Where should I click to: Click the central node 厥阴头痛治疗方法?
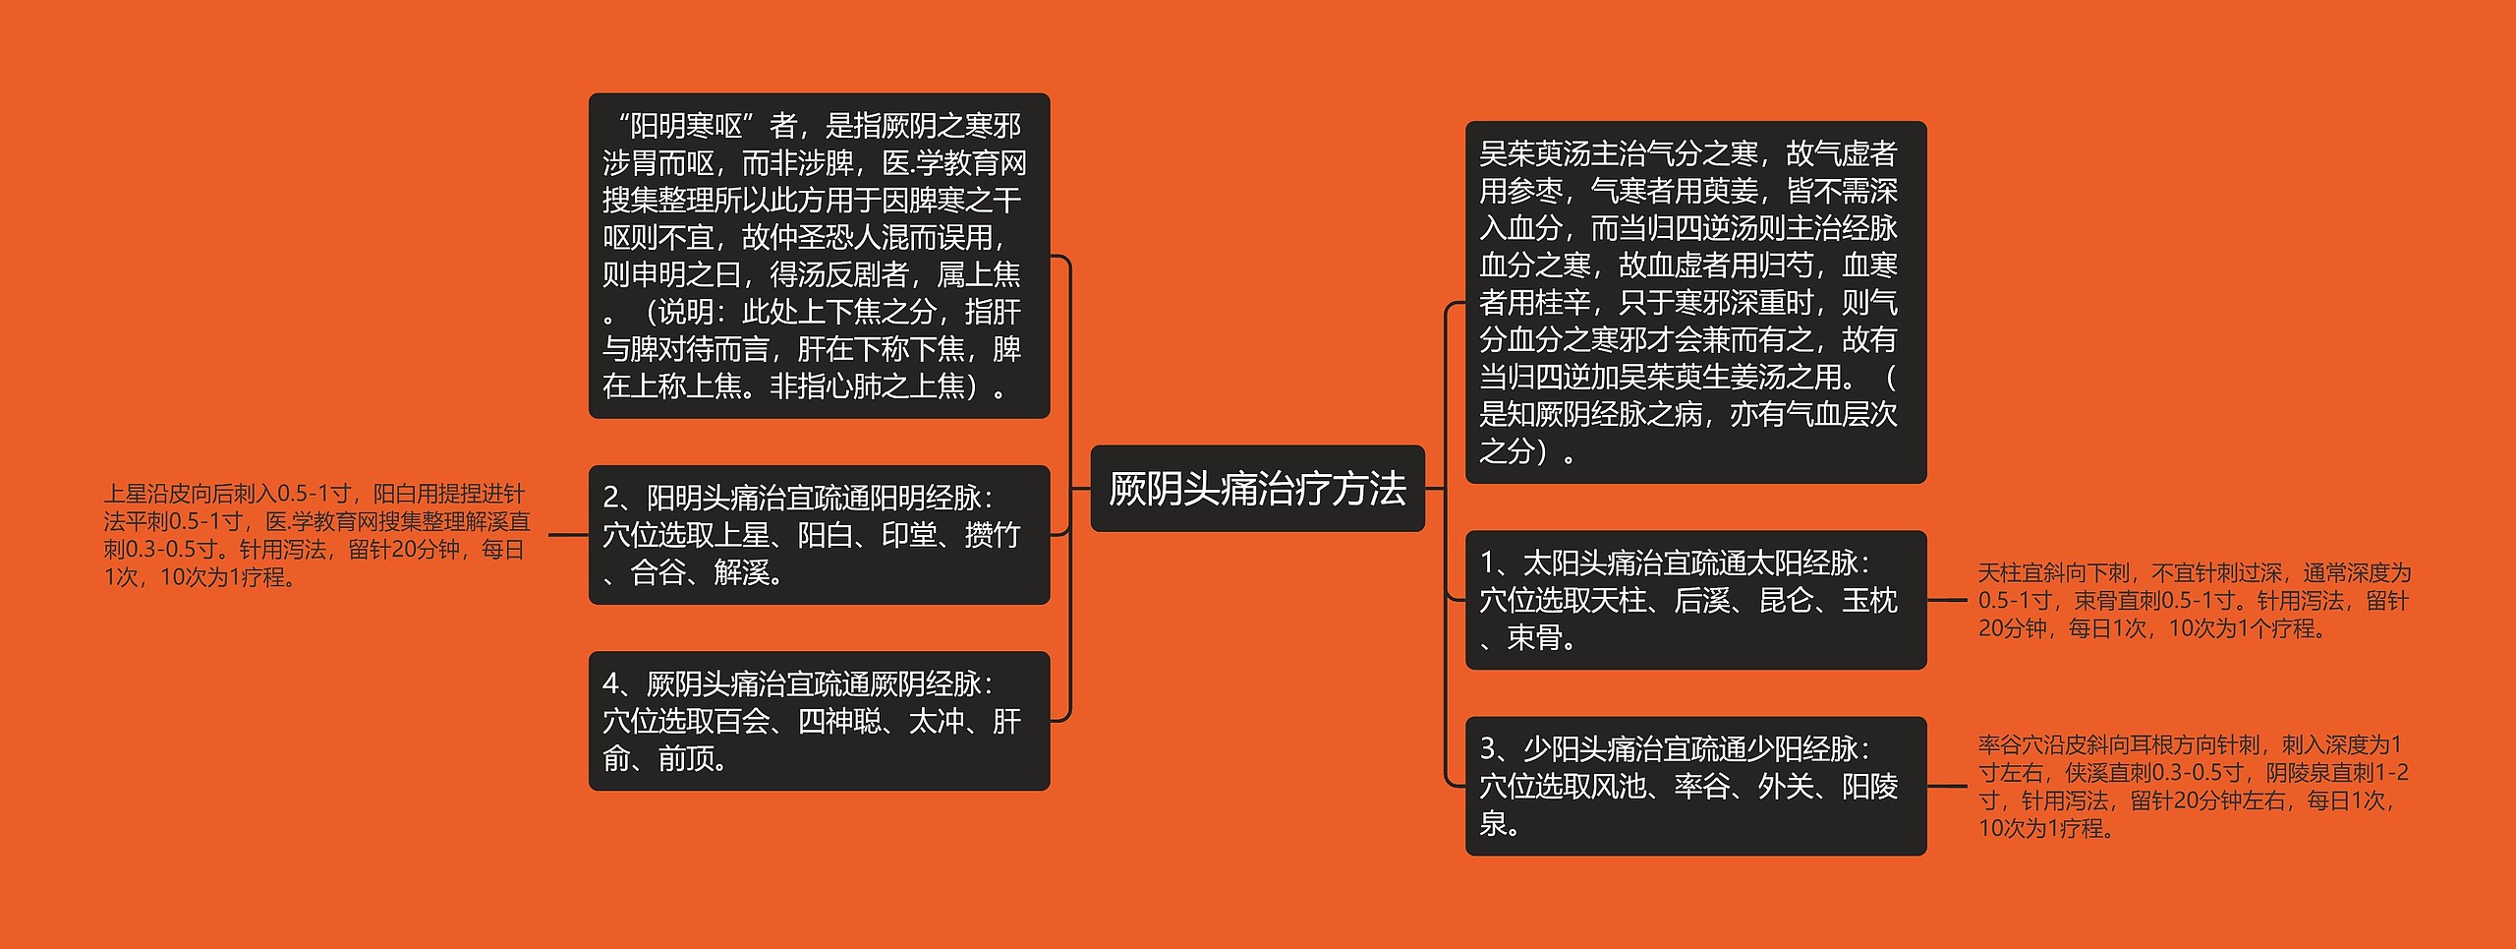tap(1257, 489)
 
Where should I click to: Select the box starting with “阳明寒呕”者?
tap(819, 256)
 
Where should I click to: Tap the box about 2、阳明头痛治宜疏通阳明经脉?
tap(819, 534)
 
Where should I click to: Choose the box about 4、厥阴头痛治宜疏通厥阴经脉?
tap(819, 720)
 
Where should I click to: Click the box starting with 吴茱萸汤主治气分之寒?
tap(1695, 302)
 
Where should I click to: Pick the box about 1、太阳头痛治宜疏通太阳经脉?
tap(1695, 600)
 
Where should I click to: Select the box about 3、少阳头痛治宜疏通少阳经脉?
tap(1695, 786)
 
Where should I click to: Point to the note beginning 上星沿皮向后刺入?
tap(316, 535)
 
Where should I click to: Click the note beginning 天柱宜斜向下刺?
tap(2194, 600)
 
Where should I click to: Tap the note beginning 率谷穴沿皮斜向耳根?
tap(2194, 786)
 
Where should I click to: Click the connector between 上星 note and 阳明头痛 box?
tap(568, 535)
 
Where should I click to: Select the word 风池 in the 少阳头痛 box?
tap(1618, 787)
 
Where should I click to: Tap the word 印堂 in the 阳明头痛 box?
tap(908, 535)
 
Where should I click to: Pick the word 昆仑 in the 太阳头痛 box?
tap(1786, 601)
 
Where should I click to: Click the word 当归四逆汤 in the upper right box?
tap(1702, 228)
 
